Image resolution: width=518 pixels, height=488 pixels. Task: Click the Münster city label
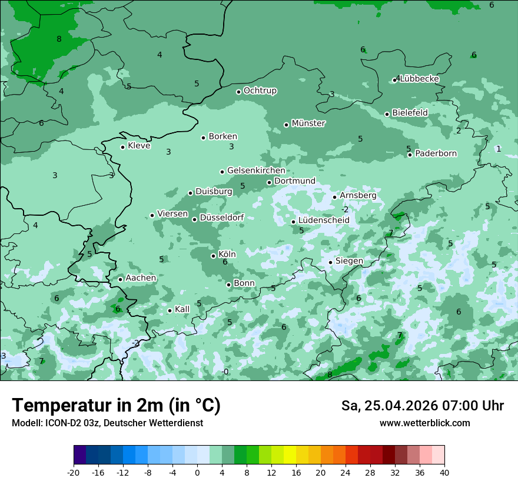click(x=308, y=123)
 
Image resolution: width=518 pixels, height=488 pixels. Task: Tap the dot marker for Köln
click(x=214, y=256)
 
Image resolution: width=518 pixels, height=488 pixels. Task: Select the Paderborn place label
click(x=436, y=153)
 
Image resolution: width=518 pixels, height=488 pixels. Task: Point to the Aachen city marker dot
click(x=120, y=279)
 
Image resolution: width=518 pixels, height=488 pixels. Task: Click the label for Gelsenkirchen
click(x=256, y=171)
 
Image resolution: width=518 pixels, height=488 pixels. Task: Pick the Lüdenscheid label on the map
click(x=324, y=220)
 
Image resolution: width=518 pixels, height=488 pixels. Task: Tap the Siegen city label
click(x=349, y=261)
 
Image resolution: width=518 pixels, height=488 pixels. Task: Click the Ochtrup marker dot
click(x=238, y=92)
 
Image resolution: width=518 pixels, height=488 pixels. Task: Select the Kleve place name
click(x=139, y=146)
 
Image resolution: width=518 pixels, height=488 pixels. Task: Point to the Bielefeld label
click(x=410, y=113)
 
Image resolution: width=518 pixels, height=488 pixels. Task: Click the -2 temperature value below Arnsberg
click(x=345, y=210)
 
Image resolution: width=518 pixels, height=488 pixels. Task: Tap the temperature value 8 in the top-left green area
click(x=59, y=39)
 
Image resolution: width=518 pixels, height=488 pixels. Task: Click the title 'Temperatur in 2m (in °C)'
click(x=116, y=406)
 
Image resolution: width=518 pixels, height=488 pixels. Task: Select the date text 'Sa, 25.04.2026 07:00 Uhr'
click(x=422, y=406)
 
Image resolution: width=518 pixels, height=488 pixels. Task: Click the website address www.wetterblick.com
click(x=424, y=423)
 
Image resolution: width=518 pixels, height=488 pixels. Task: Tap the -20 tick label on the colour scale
click(x=74, y=473)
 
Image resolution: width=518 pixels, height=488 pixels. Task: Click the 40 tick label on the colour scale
click(x=444, y=473)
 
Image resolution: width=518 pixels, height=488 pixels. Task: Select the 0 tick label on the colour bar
click(x=197, y=473)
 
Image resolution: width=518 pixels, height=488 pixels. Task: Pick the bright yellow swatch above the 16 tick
click(x=290, y=455)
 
